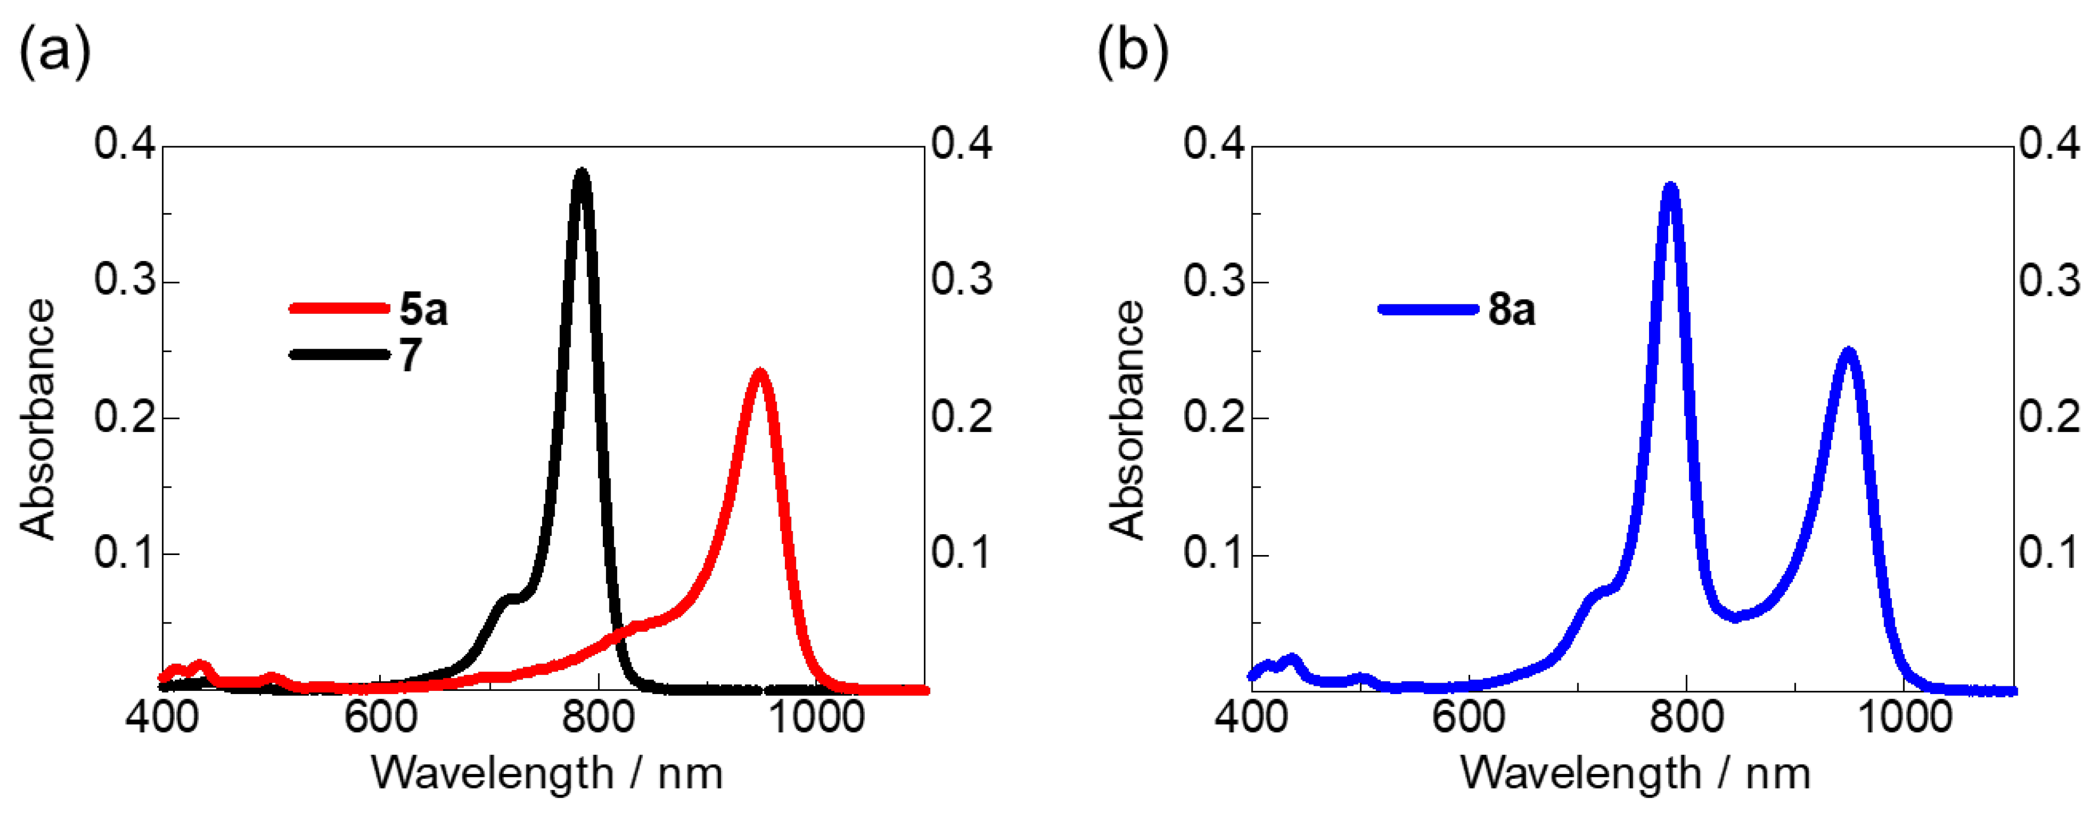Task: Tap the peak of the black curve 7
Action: pyautogui.click(x=581, y=172)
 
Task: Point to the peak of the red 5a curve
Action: pyautogui.click(x=760, y=373)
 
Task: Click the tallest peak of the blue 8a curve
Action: pyautogui.click(x=1670, y=187)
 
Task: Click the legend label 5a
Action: pyautogui.click(x=423, y=309)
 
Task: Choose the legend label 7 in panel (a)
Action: pyautogui.click(x=411, y=355)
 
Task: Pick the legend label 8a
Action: pyautogui.click(x=1512, y=309)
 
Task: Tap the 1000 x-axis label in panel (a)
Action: pyautogui.click(x=815, y=717)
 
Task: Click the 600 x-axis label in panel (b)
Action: pyautogui.click(x=1469, y=717)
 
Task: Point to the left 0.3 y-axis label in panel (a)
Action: pyautogui.click(x=123, y=280)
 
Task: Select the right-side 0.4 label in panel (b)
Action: pyautogui.click(x=2049, y=144)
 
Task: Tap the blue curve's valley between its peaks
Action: pyautogui.click(x=1736, y=617)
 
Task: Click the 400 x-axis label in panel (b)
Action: pyautogui.click(x=1251, y=717)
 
